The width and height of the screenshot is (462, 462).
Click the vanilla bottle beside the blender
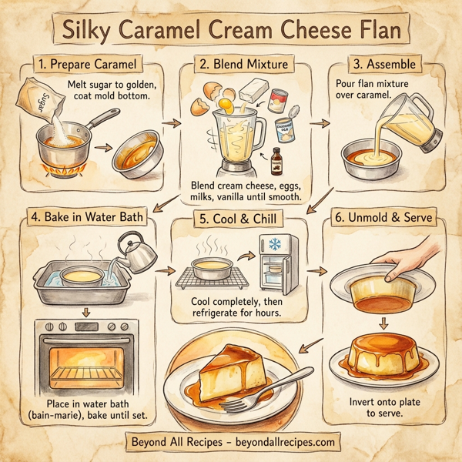pos(276,163)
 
